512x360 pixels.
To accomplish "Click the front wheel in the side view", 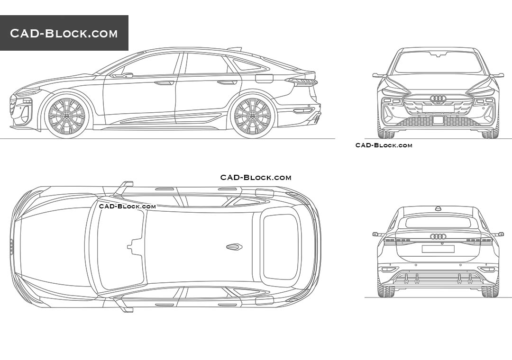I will click(x=66, y=116).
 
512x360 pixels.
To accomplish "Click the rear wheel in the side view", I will click(x=252, y=116).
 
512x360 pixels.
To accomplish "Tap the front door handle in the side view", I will click(x=165, y=83).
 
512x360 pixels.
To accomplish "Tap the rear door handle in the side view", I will click(x=227, y=82).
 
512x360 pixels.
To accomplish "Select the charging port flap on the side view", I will click(x=264, y=78).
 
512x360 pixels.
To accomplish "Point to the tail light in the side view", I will click(x=302, y=81).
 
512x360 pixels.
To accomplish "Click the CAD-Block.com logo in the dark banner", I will click(x=64, y=33).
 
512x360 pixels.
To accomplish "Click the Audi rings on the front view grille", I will click(x=438, y=99).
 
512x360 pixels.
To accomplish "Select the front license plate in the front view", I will click(x=438, y=109).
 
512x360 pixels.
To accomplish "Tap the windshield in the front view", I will click(x=438, y=63).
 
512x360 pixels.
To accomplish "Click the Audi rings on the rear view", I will click(x=438, y=236).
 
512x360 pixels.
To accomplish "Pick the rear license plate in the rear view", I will click(x=438, y=249).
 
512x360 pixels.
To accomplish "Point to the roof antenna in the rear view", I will click(x=438, y=208).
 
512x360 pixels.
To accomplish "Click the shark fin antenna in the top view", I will click(x=234, y=247).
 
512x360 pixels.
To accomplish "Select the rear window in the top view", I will click(x=281, y=246).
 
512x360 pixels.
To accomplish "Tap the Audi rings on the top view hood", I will click(x=12, y=246).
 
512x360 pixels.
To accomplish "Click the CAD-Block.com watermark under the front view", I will click(x=384, y=145).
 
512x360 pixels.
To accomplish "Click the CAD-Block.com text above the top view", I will click(x=256, y=178).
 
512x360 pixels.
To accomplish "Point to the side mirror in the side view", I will click(x=122, y=75).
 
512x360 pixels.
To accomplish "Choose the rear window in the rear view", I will click(x=438, y=222).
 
